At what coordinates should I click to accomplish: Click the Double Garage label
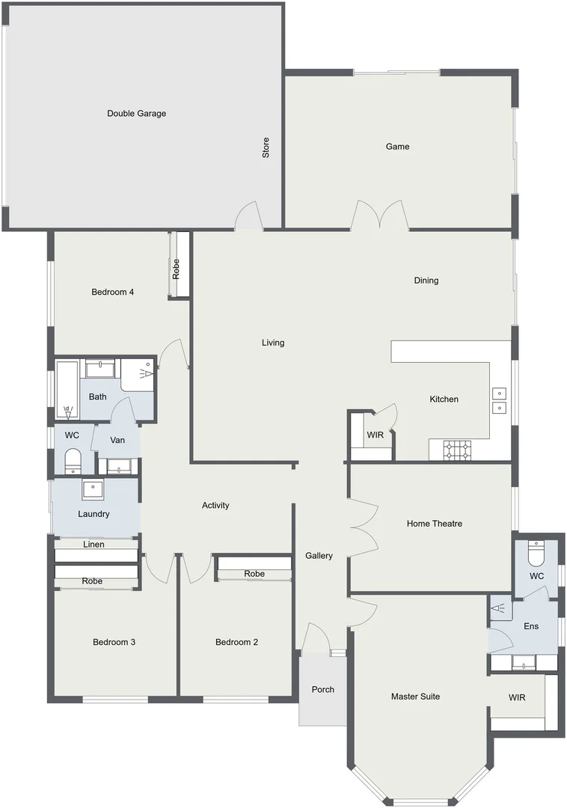pyautogui.click(x=136, y=114)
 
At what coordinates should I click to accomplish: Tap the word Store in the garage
pyautogui.click(x=266, y=147)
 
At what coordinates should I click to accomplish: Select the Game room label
pyautogui.click(x=397, y=147)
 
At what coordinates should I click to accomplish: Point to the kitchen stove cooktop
pyautogui.click(x=457, y=450)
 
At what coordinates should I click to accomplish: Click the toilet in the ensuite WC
pyautogui.click(x=536, y=554)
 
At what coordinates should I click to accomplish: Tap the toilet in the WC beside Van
pyautogui.click(x=73, y=462)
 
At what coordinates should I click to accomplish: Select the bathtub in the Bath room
pyautogui.click(x=67, y=389)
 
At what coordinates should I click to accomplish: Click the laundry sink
pyautogui.click(x=93, y=489)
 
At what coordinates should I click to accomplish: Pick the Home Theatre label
pyautogui.click(x=434, y=524)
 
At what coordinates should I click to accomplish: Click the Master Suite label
pyautogui.click(x=415, y=697)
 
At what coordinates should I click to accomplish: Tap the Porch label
pyautogui.click(x=322, y=690)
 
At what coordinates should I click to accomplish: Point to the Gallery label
pyautogui.click(x=319, y=556)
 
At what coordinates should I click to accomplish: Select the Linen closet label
pyautogui.click(x=94, y=545)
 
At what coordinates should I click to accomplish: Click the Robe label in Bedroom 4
pyautogui.click(x=177, y=269)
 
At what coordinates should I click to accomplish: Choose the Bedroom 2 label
pyautogui.click(x=236, y=642)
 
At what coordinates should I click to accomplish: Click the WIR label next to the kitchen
pyautogui.click(x=375, y=435)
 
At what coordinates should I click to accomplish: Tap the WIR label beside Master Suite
pyautogui.click(x=517, y=698)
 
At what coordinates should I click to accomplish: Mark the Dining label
pyautogui.click(x=426, y=281)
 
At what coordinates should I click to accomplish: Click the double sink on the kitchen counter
pyautogui.click(x=499, y=400)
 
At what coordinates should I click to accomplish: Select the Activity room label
pyautogui.click(x=215, y=506)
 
